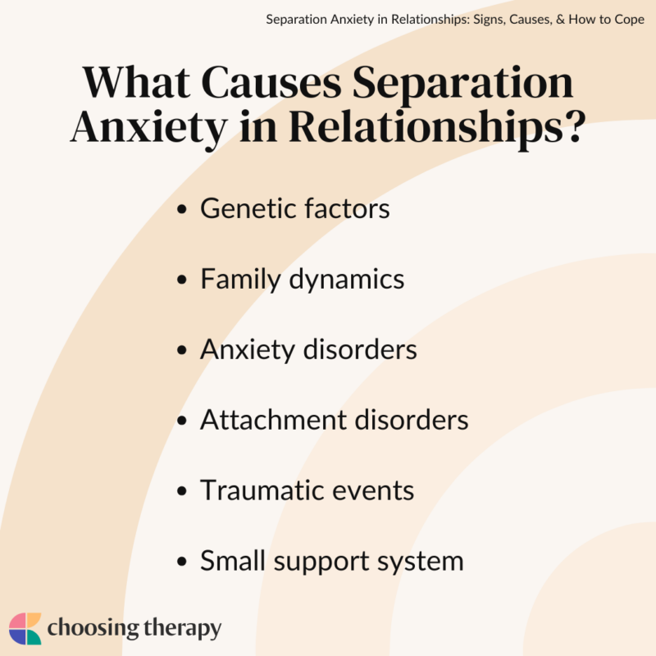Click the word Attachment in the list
click(x=272, y=421)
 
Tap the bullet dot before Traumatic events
click(x=182, y=492)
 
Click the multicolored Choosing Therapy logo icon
click(x=25, y=629)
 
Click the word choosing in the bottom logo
click(x=91, y=630)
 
